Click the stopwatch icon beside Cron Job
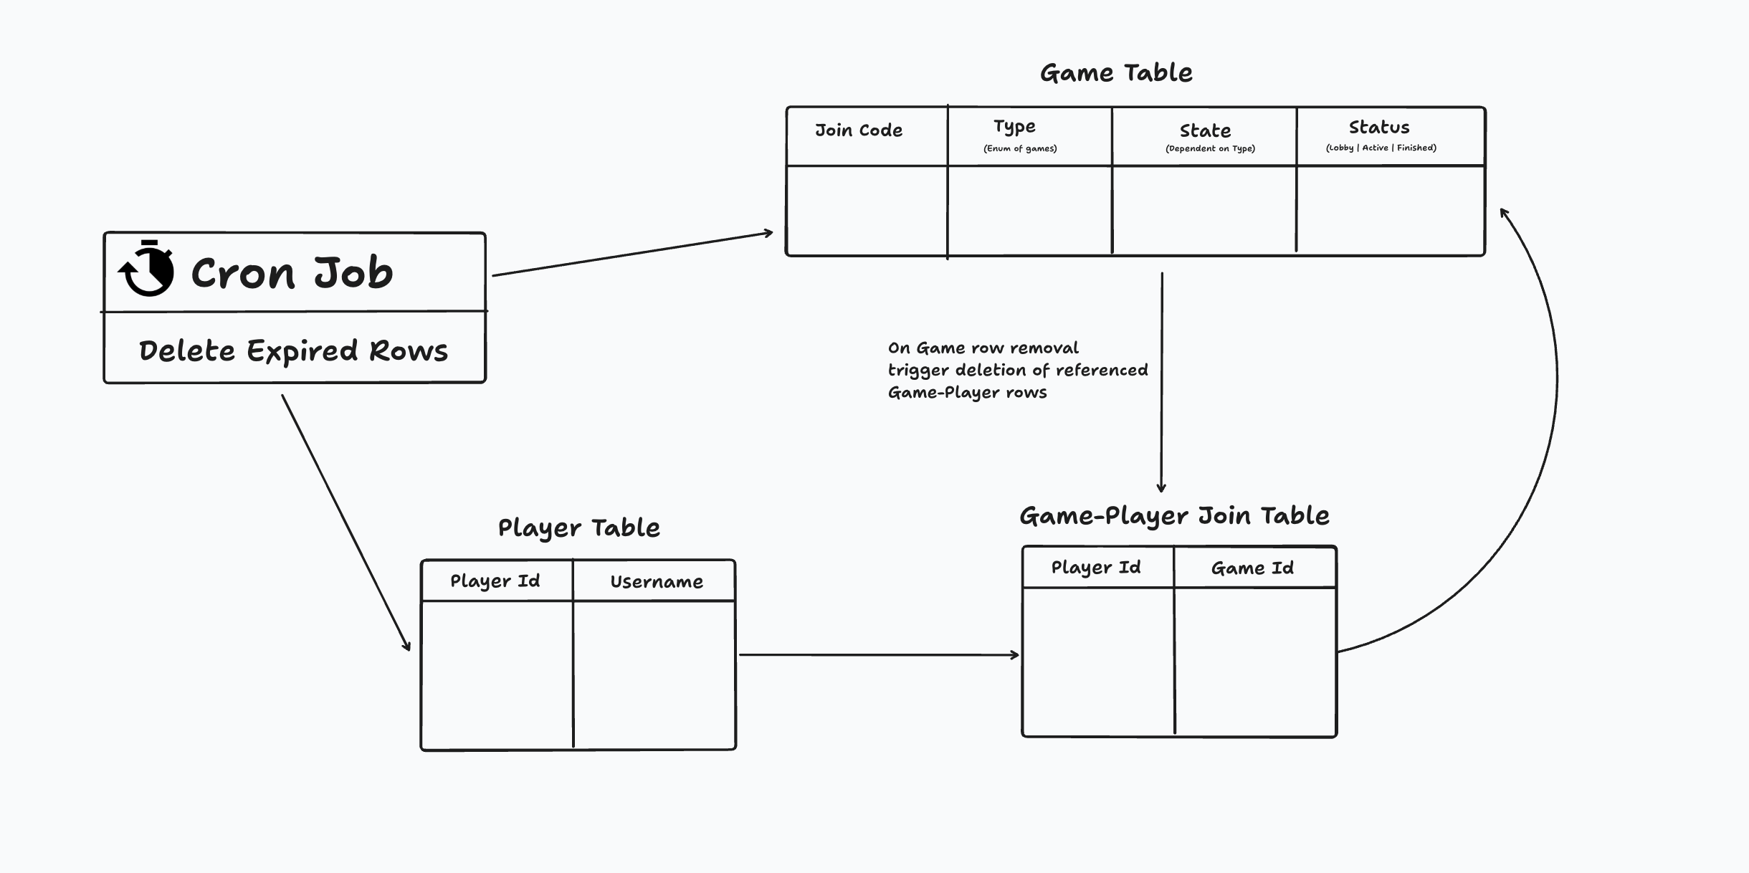click(x=147, y=269)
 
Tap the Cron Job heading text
click(x=292, y=273)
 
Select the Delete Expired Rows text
click(x=293, y=351)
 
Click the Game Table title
click(x=1116, y=73)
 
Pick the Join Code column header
click(x=858, y=130)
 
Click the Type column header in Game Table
click(x=1014, y=127)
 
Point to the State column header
click(x=1205, y=130)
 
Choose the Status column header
click(x=1379, y=128)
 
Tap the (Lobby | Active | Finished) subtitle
click(x=1381, y=148)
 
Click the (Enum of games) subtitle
click(x=1020, y=148)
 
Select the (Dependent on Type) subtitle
click(x=1210, y=148)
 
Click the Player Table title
click(x=578, y=528)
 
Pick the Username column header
click(x=656, y=582)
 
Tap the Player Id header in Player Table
click(x=495, y=581)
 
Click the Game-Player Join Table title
click(x=1174, y=516)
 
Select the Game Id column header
click(x=1252, y=568)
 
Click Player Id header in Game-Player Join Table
click(x=1095, y=568)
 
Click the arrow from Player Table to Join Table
click(x=878, y=654)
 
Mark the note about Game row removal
click(x=1016, y=370)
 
